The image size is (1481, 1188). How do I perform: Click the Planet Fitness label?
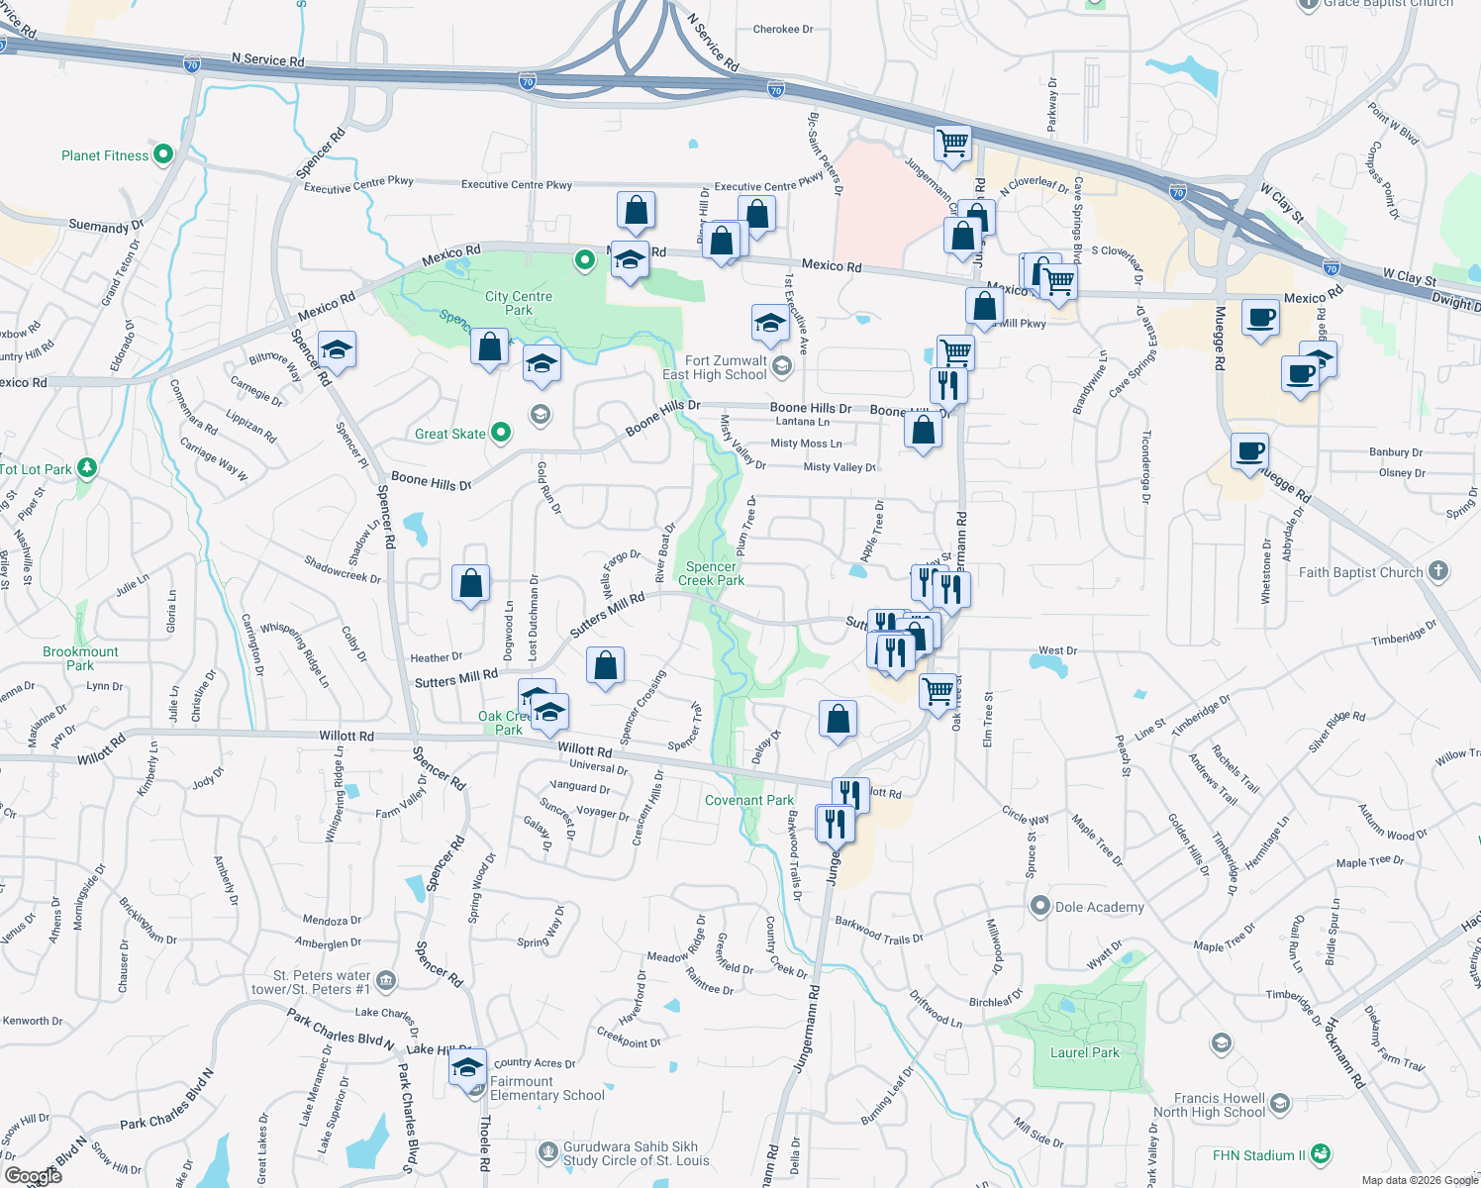(105, 155)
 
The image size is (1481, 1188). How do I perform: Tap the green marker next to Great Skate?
(501, 432)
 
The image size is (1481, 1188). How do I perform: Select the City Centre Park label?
(519, 303)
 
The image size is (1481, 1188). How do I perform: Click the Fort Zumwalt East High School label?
(715, 367)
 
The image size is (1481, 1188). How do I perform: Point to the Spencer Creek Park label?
(711, 574)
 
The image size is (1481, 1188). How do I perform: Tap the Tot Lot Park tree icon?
(87, 467)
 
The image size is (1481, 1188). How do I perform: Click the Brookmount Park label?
(80, 658)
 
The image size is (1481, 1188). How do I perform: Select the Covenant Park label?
(749, 800)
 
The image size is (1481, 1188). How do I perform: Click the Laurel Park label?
(1084, 1052)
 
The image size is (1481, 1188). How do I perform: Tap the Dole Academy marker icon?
(1039, 906)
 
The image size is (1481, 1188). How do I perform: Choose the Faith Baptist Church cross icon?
(1438, 571)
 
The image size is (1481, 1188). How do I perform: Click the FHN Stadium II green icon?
(1320, 1154)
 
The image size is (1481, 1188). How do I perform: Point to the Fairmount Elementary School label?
(547, 1088)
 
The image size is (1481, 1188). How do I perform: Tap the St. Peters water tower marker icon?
(386, 980)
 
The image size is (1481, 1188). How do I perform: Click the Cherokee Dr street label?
(783, 30)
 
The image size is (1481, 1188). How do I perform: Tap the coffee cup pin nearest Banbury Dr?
(1250, 451)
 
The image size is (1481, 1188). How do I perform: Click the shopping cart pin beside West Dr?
(938, 689)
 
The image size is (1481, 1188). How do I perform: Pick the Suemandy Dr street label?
(106, 226)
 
